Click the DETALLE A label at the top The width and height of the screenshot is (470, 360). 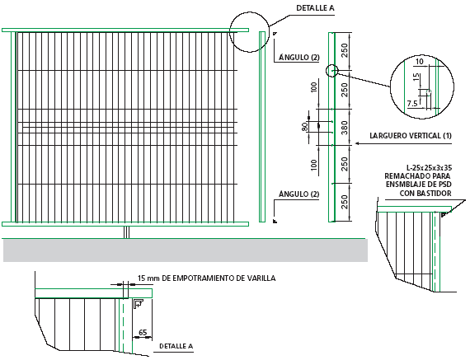point(315,8)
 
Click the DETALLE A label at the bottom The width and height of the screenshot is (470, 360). point(176,346)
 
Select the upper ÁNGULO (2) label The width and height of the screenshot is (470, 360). point(299,57)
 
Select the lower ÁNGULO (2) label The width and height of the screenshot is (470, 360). point(299,194)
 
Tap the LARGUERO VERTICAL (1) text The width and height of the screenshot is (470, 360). point(411,136)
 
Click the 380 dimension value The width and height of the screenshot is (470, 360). point(345,128)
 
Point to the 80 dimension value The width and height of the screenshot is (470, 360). point(304,127)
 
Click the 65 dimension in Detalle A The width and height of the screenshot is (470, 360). point(143,333)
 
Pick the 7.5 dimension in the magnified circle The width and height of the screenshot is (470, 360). point(412,104)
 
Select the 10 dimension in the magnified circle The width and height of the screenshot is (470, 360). point(420,62)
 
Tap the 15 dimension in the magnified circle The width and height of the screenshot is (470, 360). point(416,77)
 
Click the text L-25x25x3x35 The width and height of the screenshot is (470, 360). point(429,167)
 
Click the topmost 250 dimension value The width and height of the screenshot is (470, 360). point(345,50)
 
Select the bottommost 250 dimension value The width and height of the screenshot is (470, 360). point(345,202)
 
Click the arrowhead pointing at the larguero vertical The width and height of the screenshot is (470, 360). point(357,144)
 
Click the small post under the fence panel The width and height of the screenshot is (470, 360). point(127,232)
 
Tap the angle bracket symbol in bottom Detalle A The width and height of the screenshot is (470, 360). point(139,303)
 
